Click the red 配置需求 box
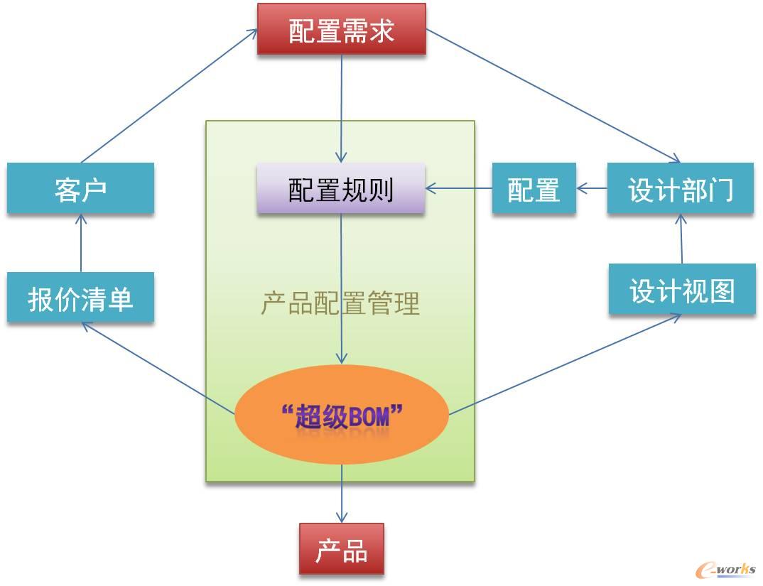point(341,29)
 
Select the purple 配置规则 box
point(341,189)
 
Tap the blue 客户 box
point(80,189)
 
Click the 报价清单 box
point(80,298)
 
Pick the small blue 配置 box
point(534,189)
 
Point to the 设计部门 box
point(680,189)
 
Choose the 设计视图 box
point(682,290)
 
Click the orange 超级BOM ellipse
point(342,415)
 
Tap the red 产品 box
point(341,549)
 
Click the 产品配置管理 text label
point(340,304)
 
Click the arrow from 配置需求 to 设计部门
point(553,96)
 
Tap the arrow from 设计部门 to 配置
point(592,189)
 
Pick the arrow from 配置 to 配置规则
point(459,189)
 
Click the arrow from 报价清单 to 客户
point(81,244)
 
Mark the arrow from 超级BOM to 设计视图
point(565,364)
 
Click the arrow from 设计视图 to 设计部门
point(681,239)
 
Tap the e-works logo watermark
point(725,569)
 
